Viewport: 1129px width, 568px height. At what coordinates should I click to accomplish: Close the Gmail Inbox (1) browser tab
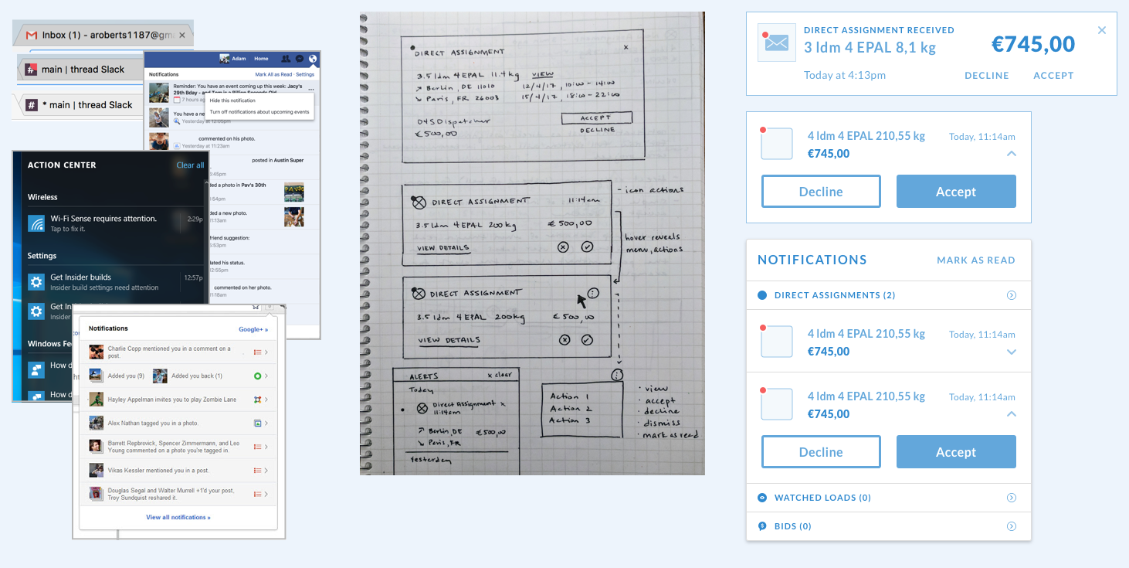click(182, 36)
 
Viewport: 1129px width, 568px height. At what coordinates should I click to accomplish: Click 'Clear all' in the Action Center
click(190, 165)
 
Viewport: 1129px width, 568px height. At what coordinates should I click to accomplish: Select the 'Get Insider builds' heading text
click(81, 277)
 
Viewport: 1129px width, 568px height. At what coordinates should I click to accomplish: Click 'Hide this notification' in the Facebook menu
click(232, 101)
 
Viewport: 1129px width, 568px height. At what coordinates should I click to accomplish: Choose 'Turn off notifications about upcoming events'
click(259, 112)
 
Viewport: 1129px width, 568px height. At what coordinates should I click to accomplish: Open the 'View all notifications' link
click(178, 517)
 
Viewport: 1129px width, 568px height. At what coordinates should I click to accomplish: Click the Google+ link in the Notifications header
click(253, 329)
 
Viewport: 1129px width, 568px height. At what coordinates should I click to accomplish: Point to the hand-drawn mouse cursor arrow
click(582, 299)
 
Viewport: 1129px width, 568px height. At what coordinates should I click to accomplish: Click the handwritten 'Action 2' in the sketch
click(571, 408)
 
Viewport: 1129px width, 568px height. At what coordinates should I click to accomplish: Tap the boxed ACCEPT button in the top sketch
click(596, 118)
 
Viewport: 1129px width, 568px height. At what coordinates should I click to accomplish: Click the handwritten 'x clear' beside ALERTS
click(500, 375)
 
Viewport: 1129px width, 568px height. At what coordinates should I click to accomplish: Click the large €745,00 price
click(1032, 45)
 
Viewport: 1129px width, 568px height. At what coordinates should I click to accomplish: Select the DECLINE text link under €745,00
click(986, 76)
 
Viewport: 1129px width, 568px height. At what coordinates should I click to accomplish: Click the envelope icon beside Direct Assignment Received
click(775, 43)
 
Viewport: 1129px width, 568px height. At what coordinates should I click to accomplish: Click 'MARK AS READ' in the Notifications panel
click(975, 260)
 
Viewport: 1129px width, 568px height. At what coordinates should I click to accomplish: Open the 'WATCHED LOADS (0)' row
click(822, 498)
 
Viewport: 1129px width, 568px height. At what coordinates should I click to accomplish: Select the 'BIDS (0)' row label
click(792, 526)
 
